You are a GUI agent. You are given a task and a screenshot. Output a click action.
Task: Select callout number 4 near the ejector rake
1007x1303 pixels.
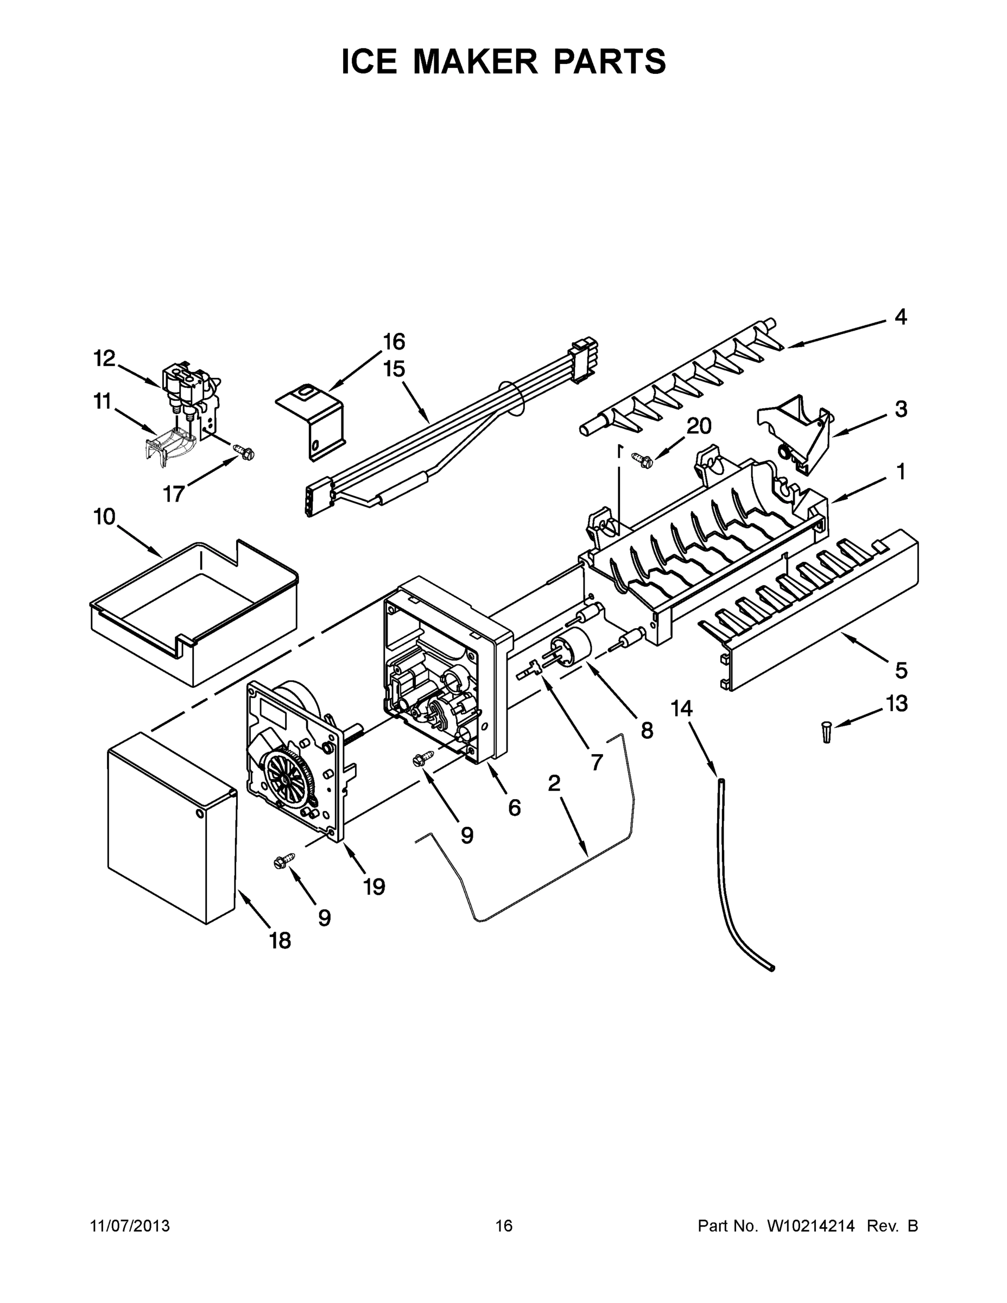901,317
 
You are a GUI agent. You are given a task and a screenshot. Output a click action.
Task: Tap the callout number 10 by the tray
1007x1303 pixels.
104,517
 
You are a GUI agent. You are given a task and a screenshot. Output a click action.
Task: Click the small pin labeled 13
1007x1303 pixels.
826,731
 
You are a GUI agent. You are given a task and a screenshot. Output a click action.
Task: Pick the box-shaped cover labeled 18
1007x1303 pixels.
173,829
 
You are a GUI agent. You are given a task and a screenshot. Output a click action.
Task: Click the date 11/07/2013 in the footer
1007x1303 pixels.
130,1226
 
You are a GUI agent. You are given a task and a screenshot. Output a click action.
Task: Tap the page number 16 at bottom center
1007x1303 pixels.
504,1226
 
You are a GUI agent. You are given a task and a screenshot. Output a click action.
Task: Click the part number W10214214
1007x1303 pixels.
810,1226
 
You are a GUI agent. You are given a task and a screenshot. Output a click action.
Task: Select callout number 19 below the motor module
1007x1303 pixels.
374,887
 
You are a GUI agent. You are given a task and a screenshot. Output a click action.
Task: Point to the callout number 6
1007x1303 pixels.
514,808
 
